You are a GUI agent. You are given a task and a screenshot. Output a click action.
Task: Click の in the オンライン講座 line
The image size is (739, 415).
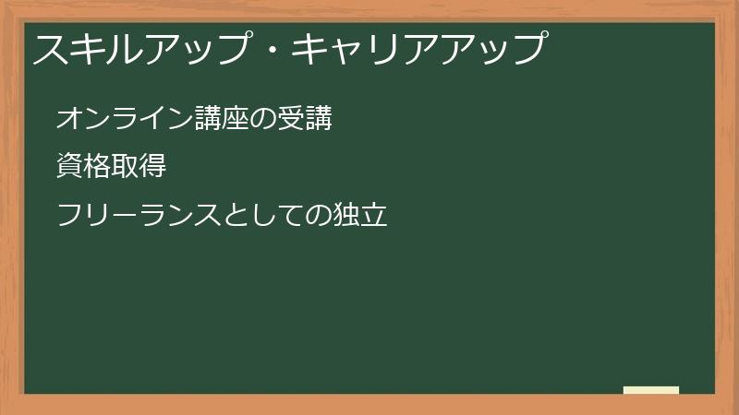(249, 119)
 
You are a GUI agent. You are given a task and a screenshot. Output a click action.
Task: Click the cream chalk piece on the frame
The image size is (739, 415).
(651, 390)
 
